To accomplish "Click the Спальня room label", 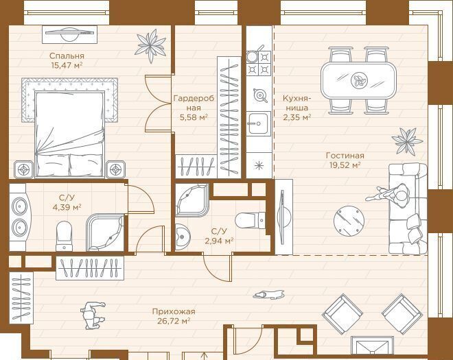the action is coord(67,56).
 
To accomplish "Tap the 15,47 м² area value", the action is coord(67,65).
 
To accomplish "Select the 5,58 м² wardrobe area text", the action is coord(194,117).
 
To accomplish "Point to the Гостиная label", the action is coord(345,156).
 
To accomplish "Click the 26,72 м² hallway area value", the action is coord(174,321).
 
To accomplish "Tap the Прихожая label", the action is coord(174,312).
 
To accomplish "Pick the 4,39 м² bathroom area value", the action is coord(67,207).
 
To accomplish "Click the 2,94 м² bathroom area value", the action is coord(219,241).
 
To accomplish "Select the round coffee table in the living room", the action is coord(349,221).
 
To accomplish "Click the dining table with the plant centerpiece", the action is coord(358,80).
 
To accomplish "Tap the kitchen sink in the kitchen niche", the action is coord(259,123).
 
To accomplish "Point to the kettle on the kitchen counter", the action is coord(260,95).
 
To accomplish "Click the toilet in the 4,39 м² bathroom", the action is coord(64,236).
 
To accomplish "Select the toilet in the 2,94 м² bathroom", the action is coord(250,221).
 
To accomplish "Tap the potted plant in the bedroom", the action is coord(151,46).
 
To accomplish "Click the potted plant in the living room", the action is coord(407,141).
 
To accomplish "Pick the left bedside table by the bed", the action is coord(24,169).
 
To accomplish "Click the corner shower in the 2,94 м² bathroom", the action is coord(191,200).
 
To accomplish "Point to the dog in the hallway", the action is coord(93,315).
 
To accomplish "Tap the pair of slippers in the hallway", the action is coord(268,295).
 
